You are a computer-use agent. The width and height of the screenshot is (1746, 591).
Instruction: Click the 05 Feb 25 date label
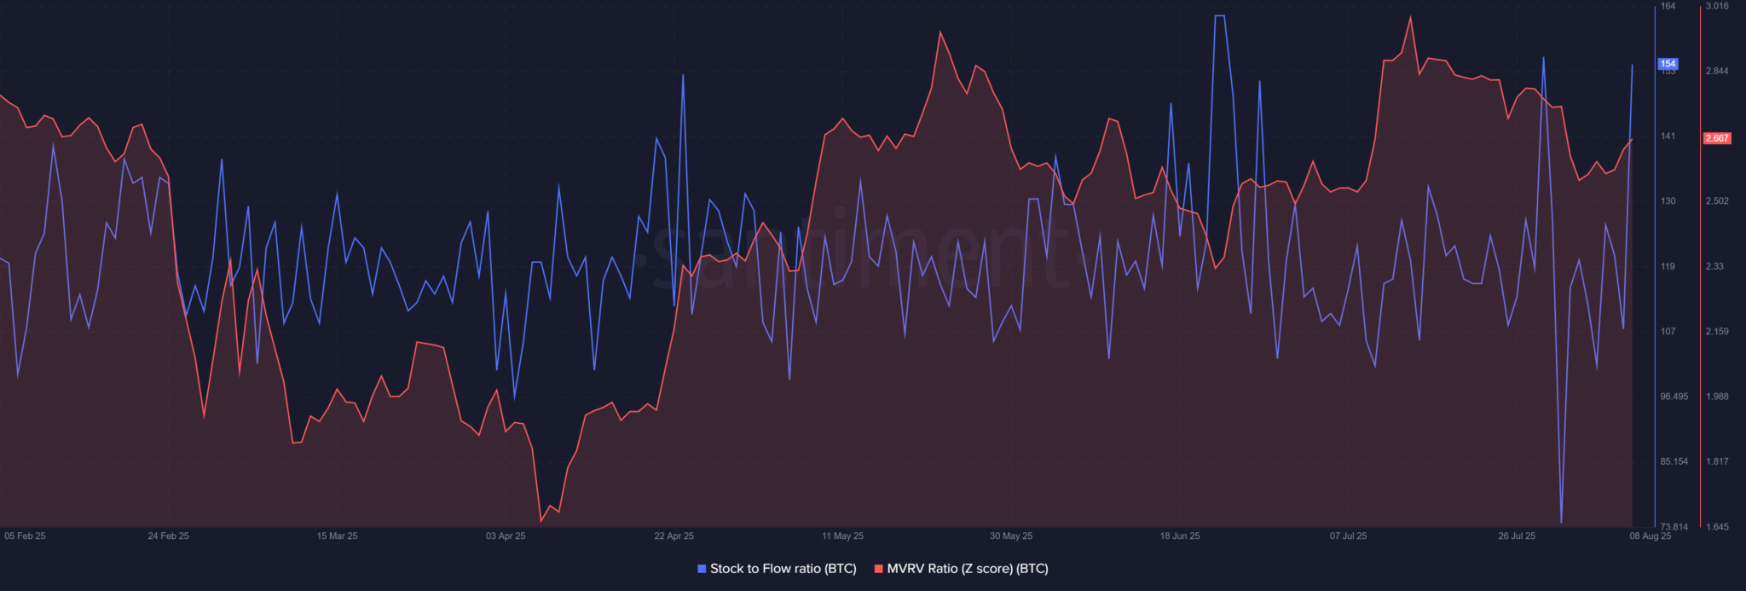point(25,536)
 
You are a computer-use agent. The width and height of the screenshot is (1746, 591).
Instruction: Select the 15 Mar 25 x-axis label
point(337,536)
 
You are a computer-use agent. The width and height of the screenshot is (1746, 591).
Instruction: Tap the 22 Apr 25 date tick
point(674,536)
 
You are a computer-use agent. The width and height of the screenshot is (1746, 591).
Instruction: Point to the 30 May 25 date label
point(1010,536)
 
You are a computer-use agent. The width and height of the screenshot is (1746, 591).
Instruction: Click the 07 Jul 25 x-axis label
point(1348,536)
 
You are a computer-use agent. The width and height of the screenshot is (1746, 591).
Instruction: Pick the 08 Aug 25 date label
point(1650,536)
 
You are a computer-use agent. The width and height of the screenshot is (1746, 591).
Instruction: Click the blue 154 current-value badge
point(1668,64)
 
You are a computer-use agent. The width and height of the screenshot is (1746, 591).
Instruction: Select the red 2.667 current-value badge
point(1716,138)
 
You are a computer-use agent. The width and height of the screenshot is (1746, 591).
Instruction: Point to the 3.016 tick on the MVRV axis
point(1716,6)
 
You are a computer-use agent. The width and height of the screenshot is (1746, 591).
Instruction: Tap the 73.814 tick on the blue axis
point(1674,527)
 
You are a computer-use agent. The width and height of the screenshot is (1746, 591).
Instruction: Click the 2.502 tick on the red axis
point(1716,201)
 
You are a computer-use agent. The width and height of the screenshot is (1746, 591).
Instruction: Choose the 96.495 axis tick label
point(1674,397)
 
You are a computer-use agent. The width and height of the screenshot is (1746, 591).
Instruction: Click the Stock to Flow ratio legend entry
point(777,569)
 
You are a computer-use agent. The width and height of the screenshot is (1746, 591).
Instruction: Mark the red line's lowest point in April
point(541,521)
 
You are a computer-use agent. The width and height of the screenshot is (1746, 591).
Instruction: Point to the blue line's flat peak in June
point(1220,16)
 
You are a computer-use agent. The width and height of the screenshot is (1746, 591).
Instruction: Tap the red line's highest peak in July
point(1410,17)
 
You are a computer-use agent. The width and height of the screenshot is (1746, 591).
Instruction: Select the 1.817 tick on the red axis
point(1716,461)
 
